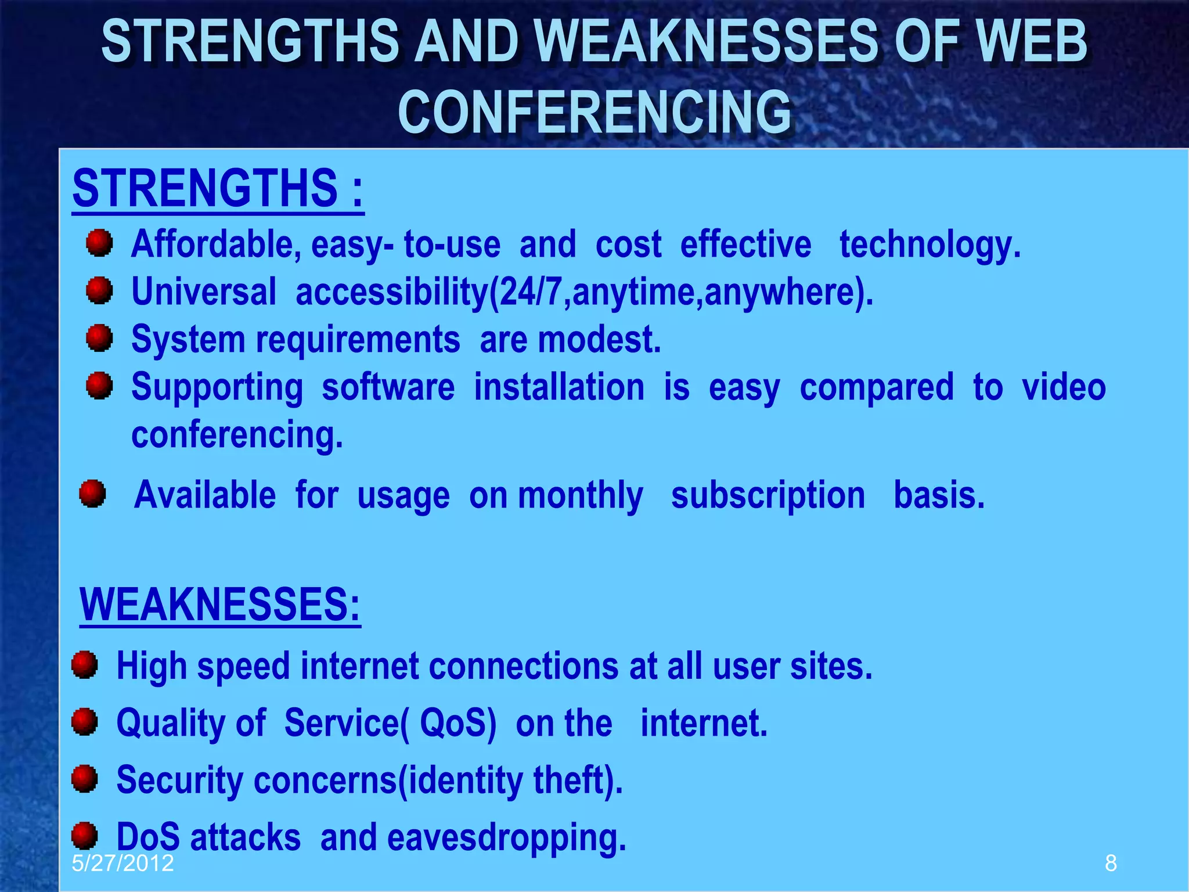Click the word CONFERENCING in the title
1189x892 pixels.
pos(594,111)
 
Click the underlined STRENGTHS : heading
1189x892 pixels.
pos(218,189)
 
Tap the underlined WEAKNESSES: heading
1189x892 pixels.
pos(220,605)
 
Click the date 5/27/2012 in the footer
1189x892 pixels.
pos(122,863)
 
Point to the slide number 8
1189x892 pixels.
pos(1111,863)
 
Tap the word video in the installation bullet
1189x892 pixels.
pos(1064,387)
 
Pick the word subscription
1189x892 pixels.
pos(768,495)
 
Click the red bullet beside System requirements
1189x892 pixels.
pos(99,338)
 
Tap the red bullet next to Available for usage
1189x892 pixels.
pos(93,494)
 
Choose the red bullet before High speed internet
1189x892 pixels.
pos(85,664)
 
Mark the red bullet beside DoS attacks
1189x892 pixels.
pos(85,836)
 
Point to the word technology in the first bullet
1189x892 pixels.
pos(929,244)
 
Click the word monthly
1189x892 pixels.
pos(580,495)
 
